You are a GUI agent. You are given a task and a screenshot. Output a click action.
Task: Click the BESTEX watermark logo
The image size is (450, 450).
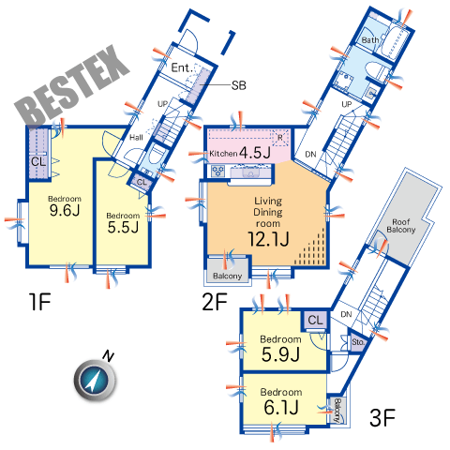coord(72,86)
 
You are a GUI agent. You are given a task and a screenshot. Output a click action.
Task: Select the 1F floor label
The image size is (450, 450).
coord(39,302)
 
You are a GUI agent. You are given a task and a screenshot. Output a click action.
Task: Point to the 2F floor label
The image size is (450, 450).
coord(215,302)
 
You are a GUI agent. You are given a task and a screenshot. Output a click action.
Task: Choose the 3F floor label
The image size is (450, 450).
coord(382,418)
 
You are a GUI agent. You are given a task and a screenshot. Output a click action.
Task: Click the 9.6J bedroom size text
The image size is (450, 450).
coord(65,210)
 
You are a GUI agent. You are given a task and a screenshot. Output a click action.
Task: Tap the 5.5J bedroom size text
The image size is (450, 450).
coord(123,227)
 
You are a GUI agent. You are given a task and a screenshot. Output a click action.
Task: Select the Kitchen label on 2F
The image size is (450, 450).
coord(223,154)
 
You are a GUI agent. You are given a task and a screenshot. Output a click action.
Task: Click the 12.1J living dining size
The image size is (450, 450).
coord(268,239)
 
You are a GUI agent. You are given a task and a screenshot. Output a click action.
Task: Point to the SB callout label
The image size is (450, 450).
coord(239,85)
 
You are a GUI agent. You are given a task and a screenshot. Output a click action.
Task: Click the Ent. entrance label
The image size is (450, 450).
coord(181,67)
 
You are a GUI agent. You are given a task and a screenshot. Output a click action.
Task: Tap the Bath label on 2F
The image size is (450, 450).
coord(370,40)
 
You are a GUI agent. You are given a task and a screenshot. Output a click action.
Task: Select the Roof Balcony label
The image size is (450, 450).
coord(401,226)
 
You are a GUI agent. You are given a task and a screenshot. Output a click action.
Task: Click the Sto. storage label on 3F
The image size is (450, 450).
coord(358,342)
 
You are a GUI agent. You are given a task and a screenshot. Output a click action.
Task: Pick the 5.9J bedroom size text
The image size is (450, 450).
coord(280,354)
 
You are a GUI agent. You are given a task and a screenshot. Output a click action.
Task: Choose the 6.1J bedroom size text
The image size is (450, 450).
coord(280,408)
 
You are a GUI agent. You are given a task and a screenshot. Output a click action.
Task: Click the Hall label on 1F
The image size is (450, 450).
coord(136,137)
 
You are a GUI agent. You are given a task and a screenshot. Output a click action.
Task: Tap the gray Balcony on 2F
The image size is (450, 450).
coord(228,271)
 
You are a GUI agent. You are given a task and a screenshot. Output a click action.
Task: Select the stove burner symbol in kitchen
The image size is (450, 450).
coord(217,171)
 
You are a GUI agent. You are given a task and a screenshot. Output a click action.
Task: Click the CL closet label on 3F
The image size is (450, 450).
coord(315,320)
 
